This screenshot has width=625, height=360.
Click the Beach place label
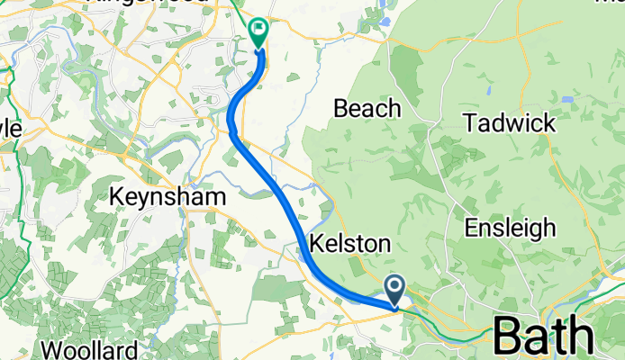[367, 109]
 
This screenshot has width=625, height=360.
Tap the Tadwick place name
[509, 123]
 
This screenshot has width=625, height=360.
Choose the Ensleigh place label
[512, 228]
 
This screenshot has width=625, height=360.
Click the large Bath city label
[544, 337]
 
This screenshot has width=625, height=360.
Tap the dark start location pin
[395, 290]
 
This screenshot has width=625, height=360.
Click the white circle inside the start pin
[395, 286]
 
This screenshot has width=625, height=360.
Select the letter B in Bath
[512, 337]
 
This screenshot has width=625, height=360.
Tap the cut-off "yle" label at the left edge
[10, 130]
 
